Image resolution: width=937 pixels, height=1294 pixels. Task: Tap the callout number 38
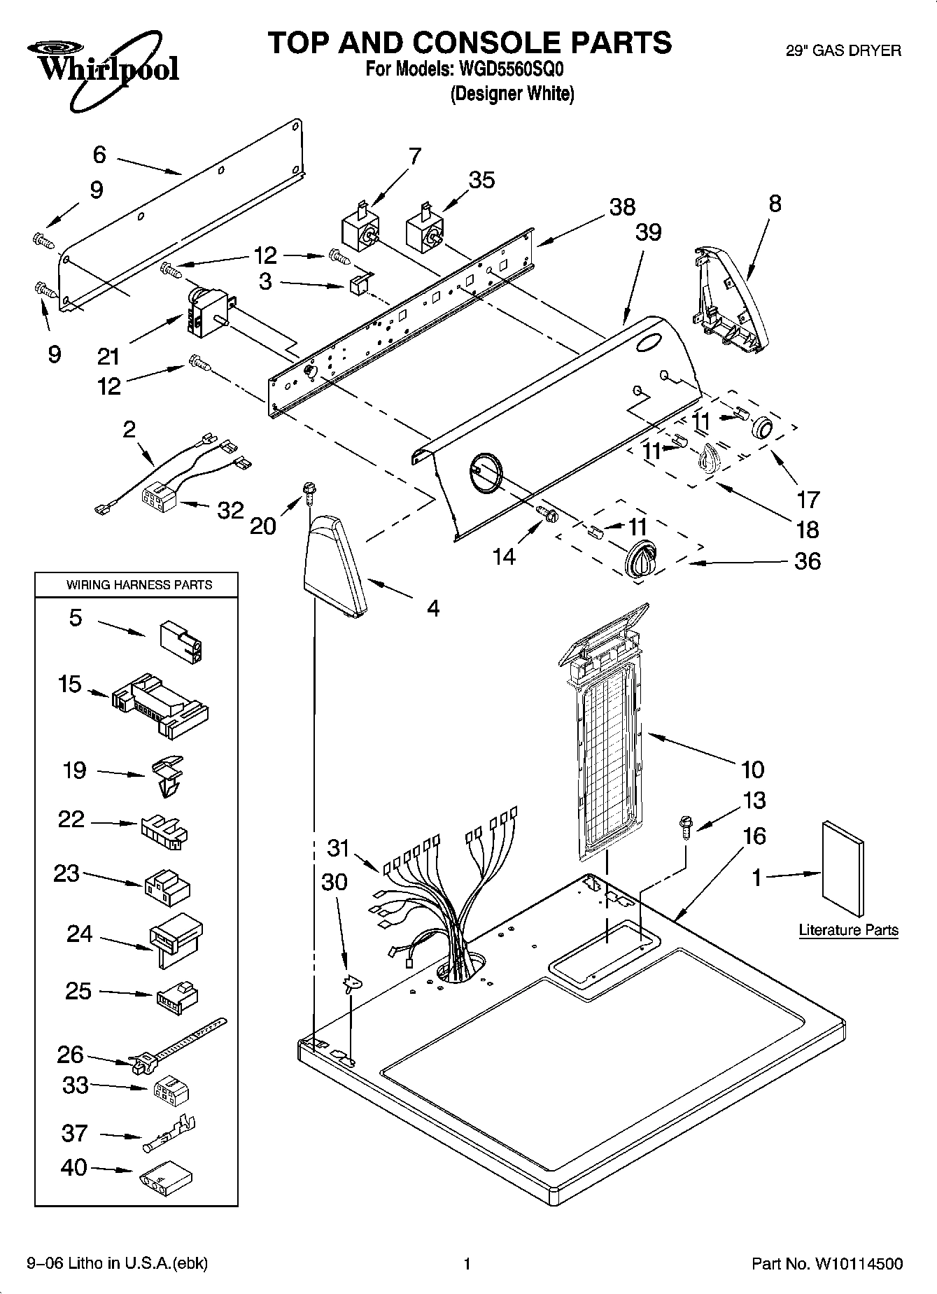(x=621, y=206)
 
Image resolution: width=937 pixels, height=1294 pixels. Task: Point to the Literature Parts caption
(x=848, y=930)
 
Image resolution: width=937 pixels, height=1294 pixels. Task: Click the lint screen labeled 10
(x=607, y=735)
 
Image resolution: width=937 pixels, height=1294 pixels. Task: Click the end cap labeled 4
(x=334, y=565)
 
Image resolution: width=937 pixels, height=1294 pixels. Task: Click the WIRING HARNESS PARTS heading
(x=139, y=585)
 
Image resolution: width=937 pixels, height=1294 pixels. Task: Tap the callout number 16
(x=754, y=836)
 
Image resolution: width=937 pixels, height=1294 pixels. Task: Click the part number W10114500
(x=858, y=1264)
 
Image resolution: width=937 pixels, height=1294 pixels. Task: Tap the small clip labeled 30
(x=351, y=983)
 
